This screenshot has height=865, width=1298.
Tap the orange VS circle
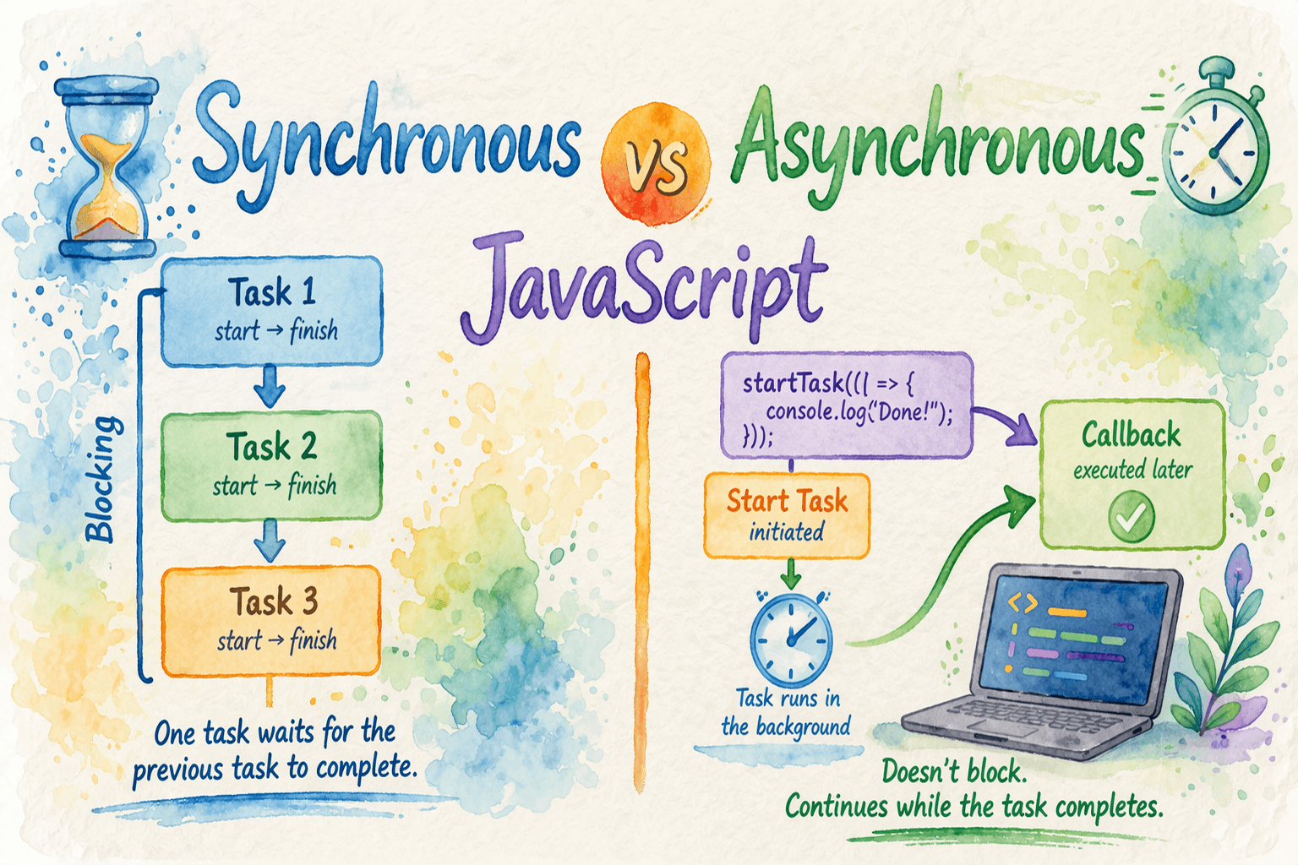coord(656,163)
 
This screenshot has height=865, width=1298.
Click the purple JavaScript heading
coord(643,287)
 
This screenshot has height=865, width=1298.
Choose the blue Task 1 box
coord(272,312)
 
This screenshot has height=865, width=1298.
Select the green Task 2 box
coord(271,465)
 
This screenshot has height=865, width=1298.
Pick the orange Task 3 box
coord(271,621)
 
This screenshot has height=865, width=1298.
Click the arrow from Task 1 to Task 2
coord(270,386)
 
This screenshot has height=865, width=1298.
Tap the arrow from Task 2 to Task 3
coord(270,541)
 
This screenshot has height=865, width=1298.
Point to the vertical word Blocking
coord(103,480)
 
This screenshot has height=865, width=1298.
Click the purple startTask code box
coord(847,405)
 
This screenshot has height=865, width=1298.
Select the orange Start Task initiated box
coord(787,515)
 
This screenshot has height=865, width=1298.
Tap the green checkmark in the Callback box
coord(1132,516)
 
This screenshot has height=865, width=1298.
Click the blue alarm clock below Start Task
coord(792,639)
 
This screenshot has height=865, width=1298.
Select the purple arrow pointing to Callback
coord(1006,424)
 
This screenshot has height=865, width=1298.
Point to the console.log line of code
coord(859,412)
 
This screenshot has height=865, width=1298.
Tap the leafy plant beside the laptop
coord(1223,643)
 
